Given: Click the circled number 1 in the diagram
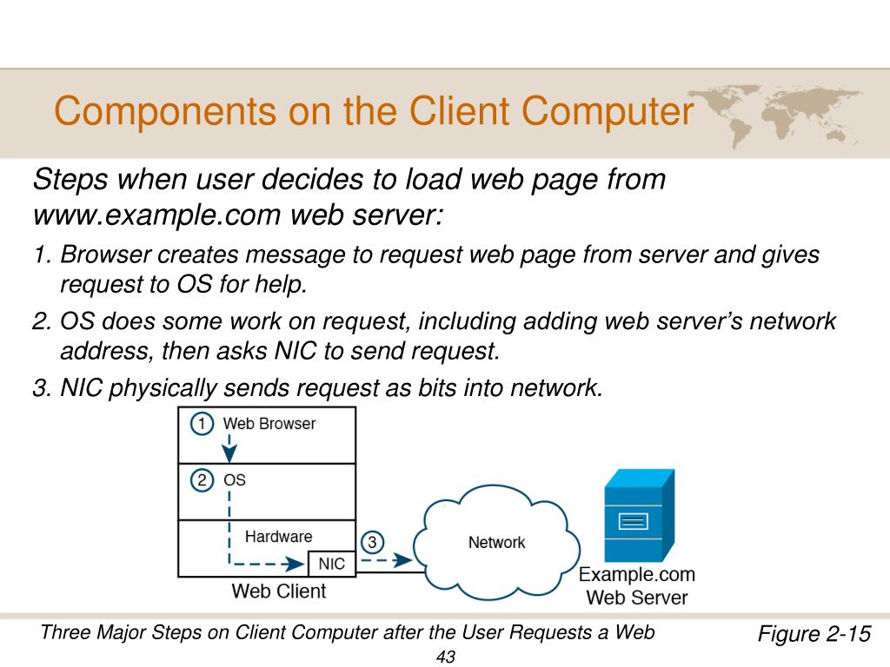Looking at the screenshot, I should [202, 425].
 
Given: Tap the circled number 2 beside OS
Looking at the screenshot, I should [202, 479].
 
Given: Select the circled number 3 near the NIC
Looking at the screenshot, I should [372, 543].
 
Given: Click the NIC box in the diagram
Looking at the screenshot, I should [331, 564].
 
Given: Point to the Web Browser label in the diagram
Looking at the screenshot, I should [269, 424].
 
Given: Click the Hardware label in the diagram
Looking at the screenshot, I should [278, 536].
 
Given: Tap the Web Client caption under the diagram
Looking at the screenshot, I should [278, 591].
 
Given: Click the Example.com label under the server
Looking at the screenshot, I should [637, 574].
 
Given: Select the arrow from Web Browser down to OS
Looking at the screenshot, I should [229, 450].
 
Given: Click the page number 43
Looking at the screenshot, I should [446, 657].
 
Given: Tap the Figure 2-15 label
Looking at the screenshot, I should [814, 633].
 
